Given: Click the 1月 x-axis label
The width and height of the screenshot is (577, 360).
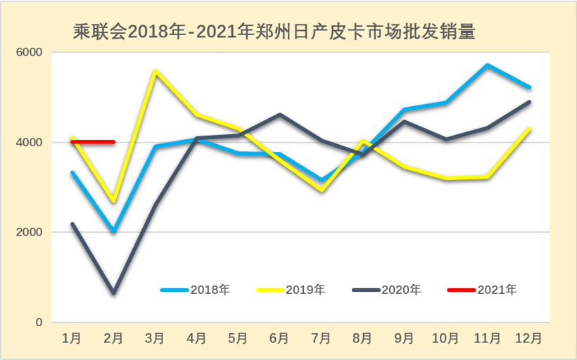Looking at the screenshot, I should [72, 338].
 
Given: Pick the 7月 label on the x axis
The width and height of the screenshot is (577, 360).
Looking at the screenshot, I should [322, 338].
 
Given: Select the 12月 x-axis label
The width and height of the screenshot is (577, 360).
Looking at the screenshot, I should [529, 338].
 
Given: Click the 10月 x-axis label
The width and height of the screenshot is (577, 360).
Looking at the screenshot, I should [445, 338].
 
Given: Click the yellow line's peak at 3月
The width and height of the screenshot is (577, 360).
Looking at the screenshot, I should [155, 71].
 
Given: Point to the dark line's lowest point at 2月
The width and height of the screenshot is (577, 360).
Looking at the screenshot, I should [113, 292].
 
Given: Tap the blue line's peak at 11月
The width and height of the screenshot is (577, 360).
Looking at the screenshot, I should [487, 65].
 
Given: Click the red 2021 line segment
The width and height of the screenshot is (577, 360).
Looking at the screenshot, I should [93, 142].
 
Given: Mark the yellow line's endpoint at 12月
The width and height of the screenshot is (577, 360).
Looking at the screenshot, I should [529, 129].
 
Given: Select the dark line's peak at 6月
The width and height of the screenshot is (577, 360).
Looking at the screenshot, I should [280, 115].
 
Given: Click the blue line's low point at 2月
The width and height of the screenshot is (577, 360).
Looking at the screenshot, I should [113, 231].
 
